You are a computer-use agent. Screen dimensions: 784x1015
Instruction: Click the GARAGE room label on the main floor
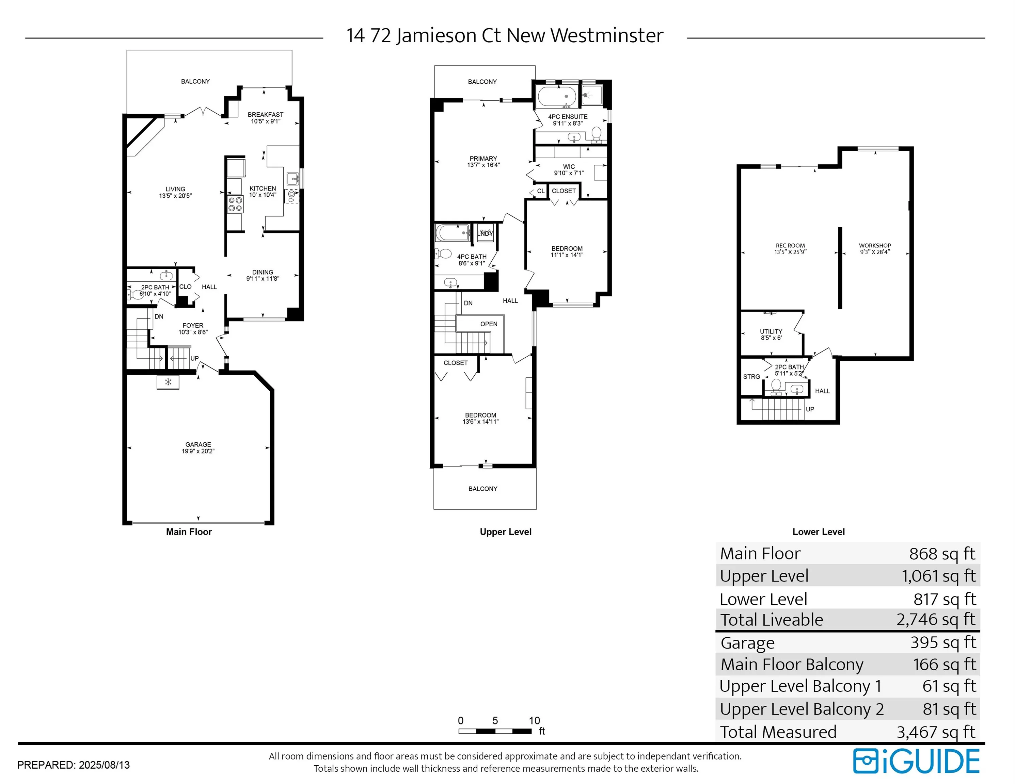(x=198, y=444)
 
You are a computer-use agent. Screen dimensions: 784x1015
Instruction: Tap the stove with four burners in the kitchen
(x=235, y=205)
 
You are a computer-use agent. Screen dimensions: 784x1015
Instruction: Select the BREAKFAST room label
(x=265, y=114)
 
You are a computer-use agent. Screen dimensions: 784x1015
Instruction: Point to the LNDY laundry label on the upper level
(x=485, y=234)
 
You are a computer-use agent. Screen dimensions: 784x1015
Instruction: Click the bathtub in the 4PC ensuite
(x=556, y=97)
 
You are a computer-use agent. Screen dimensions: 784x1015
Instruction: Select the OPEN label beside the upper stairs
(x=489, y=324)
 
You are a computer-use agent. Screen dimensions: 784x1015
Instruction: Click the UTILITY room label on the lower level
(x=771, y=331)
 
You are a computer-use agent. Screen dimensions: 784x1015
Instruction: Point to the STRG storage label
(x=751, y=377)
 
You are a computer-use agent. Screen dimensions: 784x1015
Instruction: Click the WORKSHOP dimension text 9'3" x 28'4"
(x=875, y=252)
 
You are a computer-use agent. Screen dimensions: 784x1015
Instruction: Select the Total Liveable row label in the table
(x=772, y=620)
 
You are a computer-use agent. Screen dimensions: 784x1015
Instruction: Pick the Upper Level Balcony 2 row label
(x=802, y=709)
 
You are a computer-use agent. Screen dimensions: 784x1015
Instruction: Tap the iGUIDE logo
(x=916, y=761)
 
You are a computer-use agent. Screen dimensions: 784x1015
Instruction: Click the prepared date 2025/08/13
(x=104, y=765)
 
